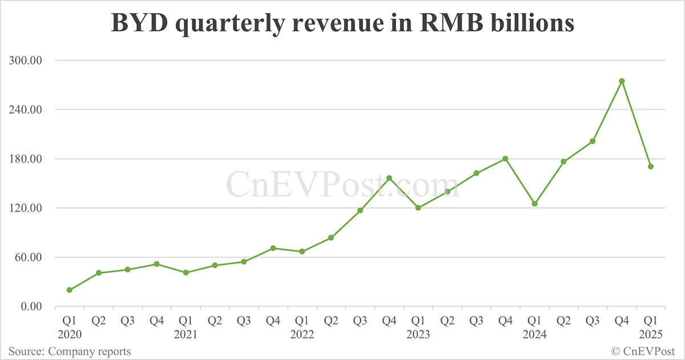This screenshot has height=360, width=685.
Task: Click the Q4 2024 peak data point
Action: [x=622, y=81]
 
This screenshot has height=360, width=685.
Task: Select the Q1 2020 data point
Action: [x=70, y=290]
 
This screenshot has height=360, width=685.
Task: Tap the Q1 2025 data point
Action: [x=651, y=167]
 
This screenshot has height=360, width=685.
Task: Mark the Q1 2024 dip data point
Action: [x=534, y=204]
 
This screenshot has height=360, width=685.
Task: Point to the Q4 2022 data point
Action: [x=389, y=178]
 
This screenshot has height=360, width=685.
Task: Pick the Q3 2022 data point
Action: [x=360, y=211]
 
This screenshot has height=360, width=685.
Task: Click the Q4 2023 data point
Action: [x=506, y=159]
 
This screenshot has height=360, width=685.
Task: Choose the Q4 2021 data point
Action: [x=273, y=248]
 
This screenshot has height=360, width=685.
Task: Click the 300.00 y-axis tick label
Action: [x=25, y=60]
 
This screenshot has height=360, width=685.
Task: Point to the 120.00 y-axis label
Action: [x=25, y=208]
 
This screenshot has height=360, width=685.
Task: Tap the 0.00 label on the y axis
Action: [x=31, y=306]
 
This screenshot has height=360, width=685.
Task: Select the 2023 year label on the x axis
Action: [x=418, y=334]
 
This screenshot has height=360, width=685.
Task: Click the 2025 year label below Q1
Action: [x=651, y=334]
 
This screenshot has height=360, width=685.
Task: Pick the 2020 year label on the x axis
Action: [x=70, y=334]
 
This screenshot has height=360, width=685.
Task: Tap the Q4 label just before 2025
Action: [x=622, y=321]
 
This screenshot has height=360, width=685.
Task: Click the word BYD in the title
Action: [x=139, y=23]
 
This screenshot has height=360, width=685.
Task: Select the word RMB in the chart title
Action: [x=452, y=23]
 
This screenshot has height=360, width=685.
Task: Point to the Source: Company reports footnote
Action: [x=70, y=351]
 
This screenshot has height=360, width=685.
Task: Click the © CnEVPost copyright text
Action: [x=643, y=351]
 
